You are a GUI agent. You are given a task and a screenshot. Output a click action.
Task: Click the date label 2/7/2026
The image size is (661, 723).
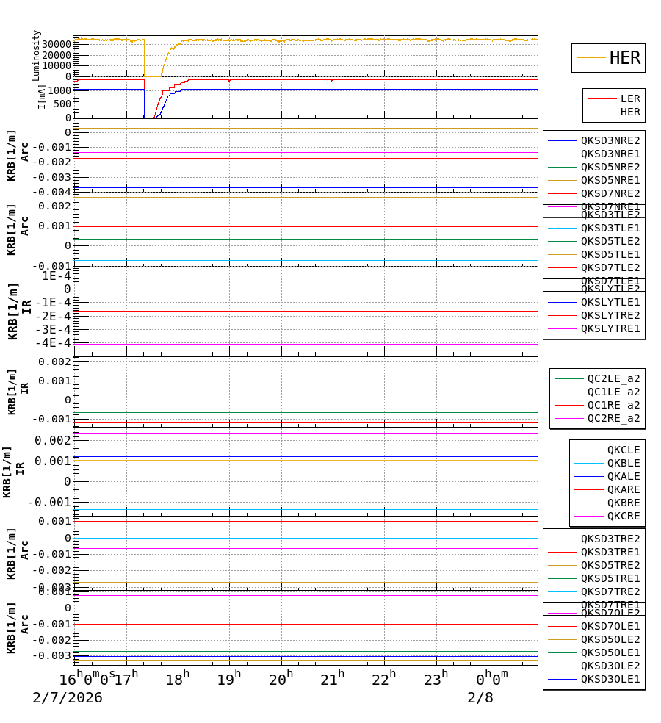click(68, 698)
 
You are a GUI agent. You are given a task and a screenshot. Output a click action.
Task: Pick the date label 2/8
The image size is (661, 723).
click(480, 698)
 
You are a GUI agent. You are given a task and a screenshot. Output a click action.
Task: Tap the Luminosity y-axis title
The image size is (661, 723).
click(37, 55)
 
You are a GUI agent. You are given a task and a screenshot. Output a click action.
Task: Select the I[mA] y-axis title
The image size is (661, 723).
click(42, 96)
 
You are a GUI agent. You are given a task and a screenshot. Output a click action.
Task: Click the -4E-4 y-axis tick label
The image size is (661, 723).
click(54, 342)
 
